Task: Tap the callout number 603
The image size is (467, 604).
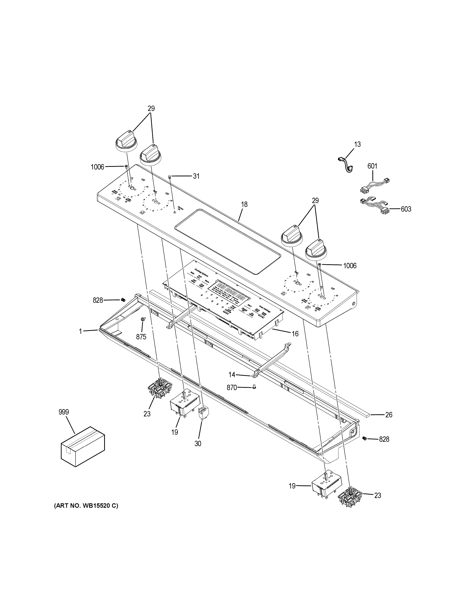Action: point(406,209)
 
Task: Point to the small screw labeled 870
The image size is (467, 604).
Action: point(254,388)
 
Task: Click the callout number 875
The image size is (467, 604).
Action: point(141,337)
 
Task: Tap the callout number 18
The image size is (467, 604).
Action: point(244,204)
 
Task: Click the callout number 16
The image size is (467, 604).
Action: point(295,334)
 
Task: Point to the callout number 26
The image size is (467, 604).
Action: point(389,422)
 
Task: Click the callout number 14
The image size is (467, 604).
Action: point(232,375)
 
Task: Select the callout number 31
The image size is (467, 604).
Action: point(196,176)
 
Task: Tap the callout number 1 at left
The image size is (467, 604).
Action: point(81,331)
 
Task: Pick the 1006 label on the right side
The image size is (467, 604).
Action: point(350,266)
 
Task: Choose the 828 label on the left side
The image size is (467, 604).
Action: point(98,300)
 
